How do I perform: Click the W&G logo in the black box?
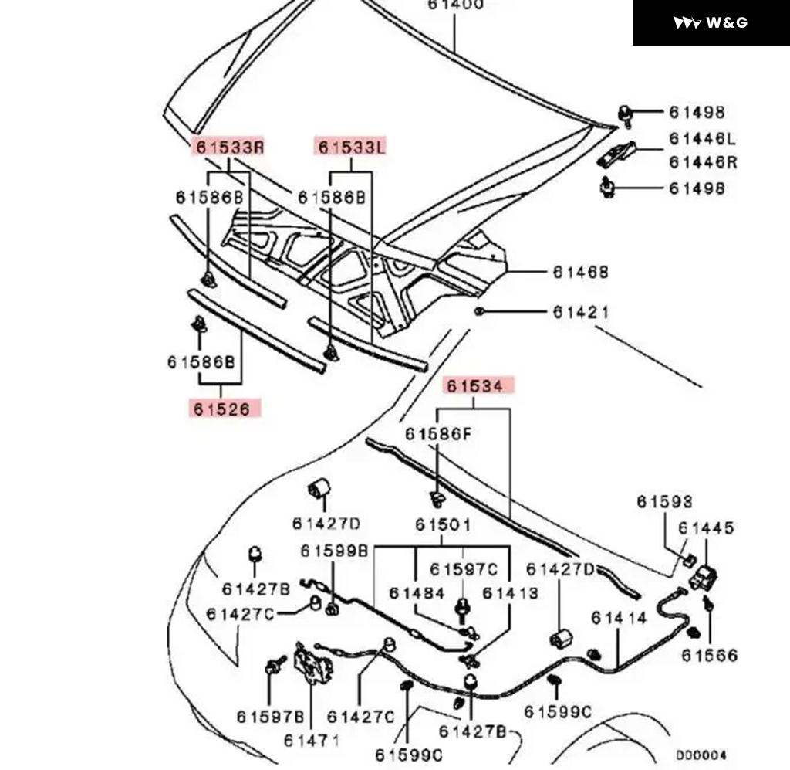click(711, 22)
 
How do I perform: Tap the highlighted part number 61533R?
click(229, 146)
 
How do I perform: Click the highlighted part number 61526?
click(222, 409)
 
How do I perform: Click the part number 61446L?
click(702, 139)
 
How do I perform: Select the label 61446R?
click(702, 162)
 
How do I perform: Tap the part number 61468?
click(580, 273)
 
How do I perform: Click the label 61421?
click(580, 312)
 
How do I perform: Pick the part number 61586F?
click(438, 434)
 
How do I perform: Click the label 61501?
click(443, 525)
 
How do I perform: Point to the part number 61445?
click(706, 528)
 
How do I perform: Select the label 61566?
click(709, 656)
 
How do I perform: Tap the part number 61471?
click(312, 741)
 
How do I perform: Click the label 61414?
click(619, 619)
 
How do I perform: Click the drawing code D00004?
click(701, 755)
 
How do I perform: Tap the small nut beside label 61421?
click(479, 311)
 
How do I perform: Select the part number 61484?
click(417, 593)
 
